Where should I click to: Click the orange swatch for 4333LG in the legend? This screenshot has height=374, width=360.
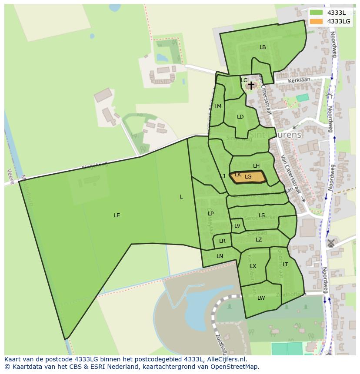[317, 21]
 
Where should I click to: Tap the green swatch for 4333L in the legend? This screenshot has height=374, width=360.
[317, 13]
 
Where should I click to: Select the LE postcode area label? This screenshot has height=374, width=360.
[117, 215]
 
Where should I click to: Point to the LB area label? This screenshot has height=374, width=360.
[263, 47]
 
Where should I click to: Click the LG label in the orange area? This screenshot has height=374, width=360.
[248, 177]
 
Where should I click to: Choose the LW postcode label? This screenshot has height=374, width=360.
[261, 298]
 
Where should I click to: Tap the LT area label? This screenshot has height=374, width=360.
[285, 265]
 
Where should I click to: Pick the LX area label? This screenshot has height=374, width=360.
[253, 266]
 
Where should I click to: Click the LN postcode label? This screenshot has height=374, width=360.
[220, 256]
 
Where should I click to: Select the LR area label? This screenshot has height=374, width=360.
[222, 241]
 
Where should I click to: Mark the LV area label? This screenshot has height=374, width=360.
[237, 226]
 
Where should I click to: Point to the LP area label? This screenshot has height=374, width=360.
[211, 213]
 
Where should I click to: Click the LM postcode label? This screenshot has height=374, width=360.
[218, 106]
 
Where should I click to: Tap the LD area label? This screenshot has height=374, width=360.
[240, 117]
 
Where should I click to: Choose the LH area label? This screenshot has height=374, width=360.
[256, 166]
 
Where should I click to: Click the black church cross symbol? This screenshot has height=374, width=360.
[251, 85]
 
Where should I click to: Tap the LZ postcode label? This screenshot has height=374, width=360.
[259, 240]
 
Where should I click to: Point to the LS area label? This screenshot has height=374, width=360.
[262, 215]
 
